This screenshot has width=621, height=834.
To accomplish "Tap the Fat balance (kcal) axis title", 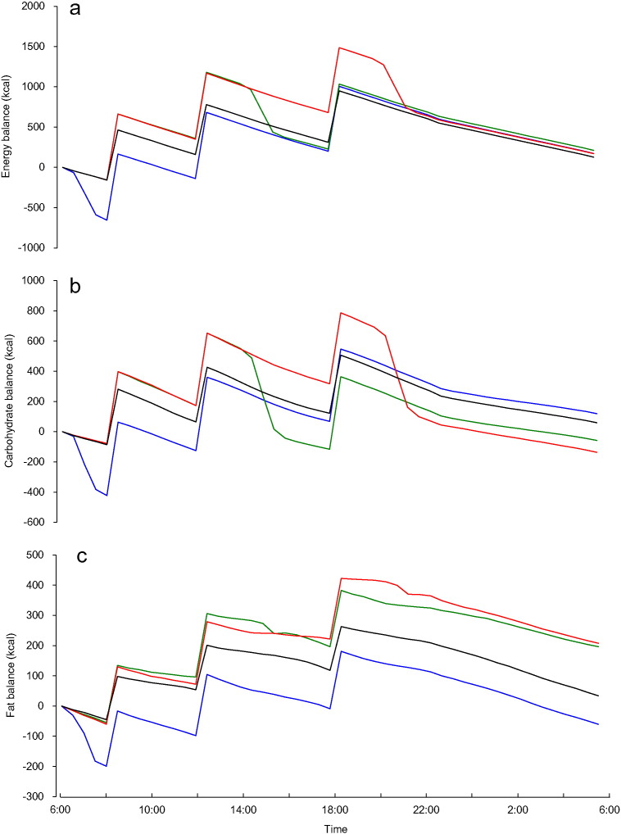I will tap(10, 675).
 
